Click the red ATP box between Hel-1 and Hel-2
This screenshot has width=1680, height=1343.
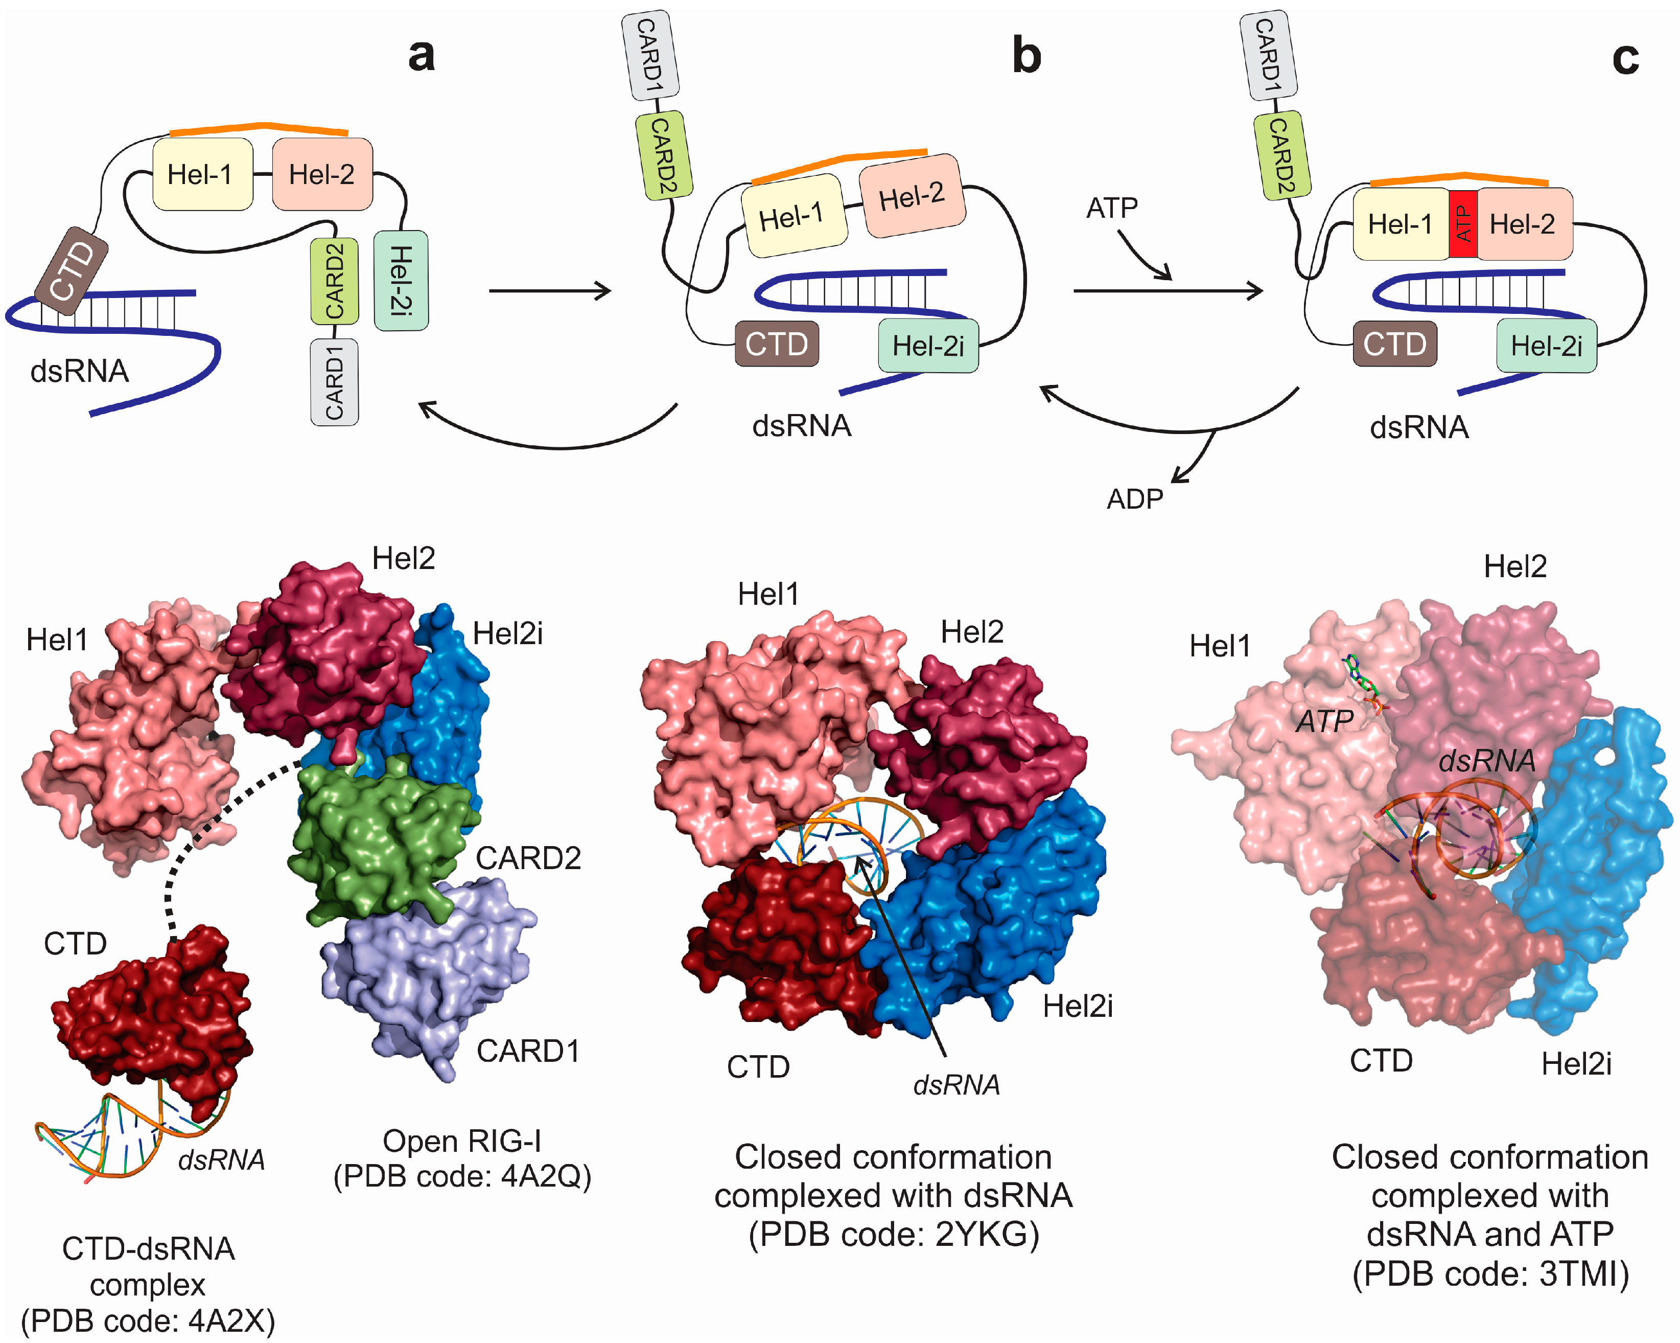[1463, 224]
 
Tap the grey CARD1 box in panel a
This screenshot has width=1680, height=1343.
[334, 382]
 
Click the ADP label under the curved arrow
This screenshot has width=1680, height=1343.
[1134, 499]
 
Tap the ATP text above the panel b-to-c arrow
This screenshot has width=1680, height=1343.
[1112, 208]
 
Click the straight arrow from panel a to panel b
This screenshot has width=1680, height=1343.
[549, 291]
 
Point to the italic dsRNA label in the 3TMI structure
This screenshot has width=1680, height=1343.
[1486, 761]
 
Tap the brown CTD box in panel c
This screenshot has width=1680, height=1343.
[1395, 344]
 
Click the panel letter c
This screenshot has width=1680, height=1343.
[1625, 58]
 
